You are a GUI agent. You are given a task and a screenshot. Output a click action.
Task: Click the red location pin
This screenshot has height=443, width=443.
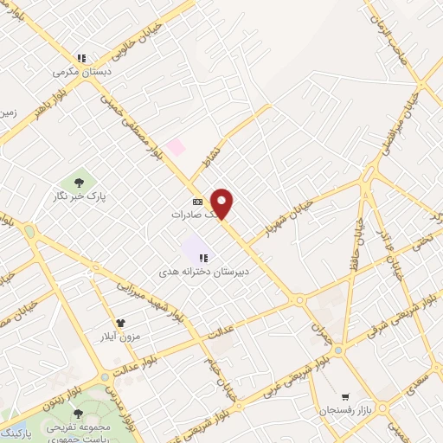click(x=222, y=203)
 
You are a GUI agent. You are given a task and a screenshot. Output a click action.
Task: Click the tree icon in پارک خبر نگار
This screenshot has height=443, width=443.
click(x=80, y=182)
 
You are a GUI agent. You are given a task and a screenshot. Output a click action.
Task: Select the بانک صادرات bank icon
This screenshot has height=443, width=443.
click(x=197, y=202)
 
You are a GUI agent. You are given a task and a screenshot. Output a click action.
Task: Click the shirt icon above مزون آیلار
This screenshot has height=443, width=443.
click(x=108, y=324)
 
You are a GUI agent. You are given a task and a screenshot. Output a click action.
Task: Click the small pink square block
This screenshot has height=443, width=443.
click(x=176, y=146)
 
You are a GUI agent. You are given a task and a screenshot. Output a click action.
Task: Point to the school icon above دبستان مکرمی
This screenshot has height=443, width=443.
click(x=80, y=58)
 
